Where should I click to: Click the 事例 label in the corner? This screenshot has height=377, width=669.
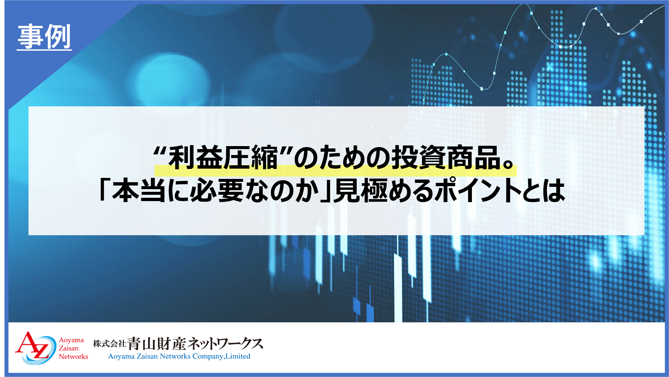[44, 36]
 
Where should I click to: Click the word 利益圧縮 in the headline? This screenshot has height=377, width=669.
[223, 157]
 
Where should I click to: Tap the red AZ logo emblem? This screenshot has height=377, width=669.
[35, 348]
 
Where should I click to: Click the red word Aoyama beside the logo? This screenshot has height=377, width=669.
[71, 340]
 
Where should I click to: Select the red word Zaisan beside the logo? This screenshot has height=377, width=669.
[69, 348]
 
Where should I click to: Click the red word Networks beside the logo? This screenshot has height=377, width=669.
[74, 356]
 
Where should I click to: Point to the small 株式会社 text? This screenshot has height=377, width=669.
[109, 344]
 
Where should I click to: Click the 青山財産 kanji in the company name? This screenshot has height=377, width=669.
[157, 344]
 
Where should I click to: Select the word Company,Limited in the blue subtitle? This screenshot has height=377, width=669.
[221, 356]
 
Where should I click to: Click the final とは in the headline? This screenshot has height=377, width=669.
[544, 190]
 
